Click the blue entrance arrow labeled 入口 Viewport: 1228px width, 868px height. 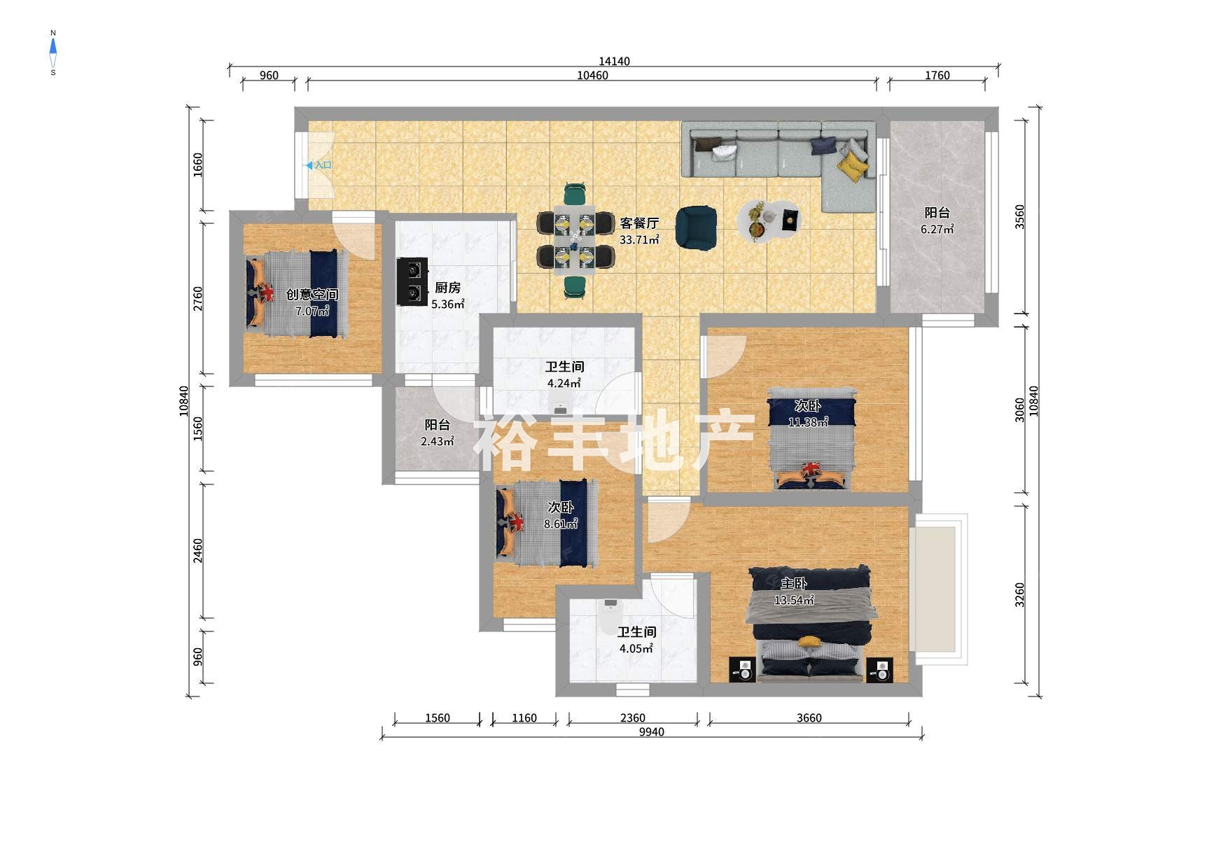coord(308,166)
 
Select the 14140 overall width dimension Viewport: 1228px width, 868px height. coord(614,62)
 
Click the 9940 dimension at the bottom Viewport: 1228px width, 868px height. coord(651,732)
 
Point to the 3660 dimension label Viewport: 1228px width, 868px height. coord(809,718)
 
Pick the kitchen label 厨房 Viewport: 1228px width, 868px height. coord(447,288)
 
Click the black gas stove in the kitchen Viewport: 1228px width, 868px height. coord(412,282)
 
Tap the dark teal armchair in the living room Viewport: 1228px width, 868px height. coord(696,227)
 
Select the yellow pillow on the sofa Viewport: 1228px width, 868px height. coord(852,167)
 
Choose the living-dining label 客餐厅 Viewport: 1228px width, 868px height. coord(639,223)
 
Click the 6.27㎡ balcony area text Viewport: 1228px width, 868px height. coord(937,230)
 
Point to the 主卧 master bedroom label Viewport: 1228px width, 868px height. coord(794,583)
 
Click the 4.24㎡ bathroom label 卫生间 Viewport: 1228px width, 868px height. coord(564,367)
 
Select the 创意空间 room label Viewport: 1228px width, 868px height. coord(312,295)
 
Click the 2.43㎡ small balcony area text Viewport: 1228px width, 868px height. coord(437,442)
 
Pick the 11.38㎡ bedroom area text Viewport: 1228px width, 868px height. coord(808,422)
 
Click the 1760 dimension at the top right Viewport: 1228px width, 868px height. coord(937,76)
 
